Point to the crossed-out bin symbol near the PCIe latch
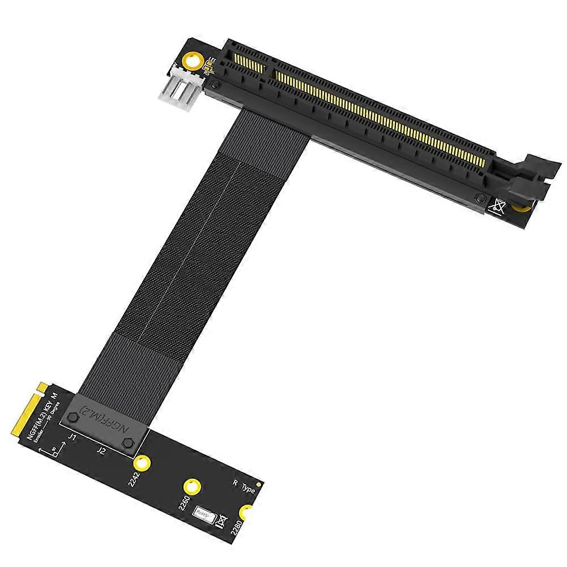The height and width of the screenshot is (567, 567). tap(498, 206)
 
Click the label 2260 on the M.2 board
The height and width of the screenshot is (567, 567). tap(184, 502)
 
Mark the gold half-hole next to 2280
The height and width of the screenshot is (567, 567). tap(246, 513)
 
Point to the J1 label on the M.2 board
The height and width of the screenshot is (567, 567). tap(72, 437)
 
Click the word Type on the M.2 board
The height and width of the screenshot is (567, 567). tap(248, 488)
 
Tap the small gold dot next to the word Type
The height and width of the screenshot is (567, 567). tap(258, 485)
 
